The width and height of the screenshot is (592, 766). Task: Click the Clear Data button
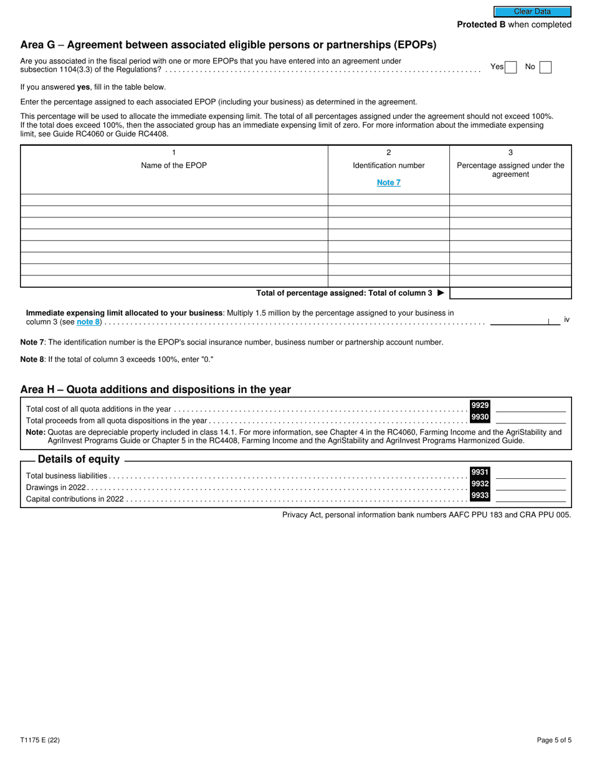[x=532, y=11]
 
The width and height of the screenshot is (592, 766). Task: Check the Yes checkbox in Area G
[x=511, y=67]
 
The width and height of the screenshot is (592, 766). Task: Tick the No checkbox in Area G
[x=545, y=67]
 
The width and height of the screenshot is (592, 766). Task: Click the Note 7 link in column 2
[x=389, y=182]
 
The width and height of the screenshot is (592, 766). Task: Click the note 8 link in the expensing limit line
[x=88, y=322]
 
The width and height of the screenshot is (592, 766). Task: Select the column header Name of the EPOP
[x=174, y=165]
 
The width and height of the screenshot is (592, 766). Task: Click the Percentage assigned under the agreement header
[x=510, y=169]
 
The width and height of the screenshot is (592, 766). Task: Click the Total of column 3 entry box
[x=510, y=293]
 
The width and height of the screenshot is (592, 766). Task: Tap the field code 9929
[x=480, y=405]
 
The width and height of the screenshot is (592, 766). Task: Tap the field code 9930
[x=480, y=417]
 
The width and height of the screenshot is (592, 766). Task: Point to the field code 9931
[x=480, y=472]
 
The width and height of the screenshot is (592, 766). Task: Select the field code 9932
[x=480, y=484]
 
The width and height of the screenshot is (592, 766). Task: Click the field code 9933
[x=480, y=496]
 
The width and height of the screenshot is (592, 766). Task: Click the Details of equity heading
[x=79, y=460]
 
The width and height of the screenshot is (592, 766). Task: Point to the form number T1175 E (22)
[x=40, y=740]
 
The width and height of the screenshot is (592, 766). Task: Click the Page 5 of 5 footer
[x=554, y=740]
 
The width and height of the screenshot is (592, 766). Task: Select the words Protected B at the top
[x=481, y=25]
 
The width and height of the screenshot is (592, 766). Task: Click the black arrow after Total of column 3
[x=441, y=293]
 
